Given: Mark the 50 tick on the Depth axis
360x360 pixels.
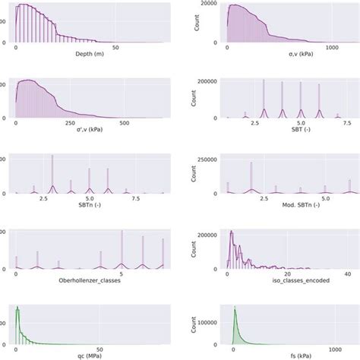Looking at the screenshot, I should pos(115,46).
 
